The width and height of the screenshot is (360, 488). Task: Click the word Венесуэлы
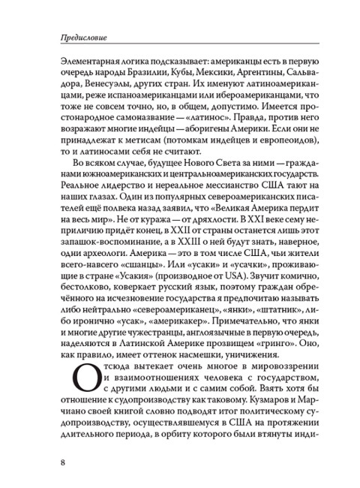[88, 86]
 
